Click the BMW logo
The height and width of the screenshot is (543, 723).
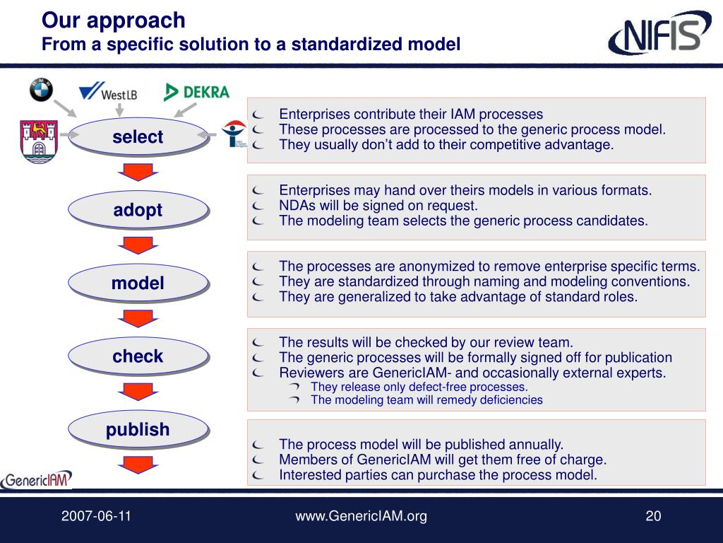click(x=41, y=90)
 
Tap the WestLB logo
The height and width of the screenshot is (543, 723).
click(x=108, y=92)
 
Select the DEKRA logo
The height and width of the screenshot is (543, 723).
click(x=196, y=92)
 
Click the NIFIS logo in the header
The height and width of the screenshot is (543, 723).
click(x=659, y=35)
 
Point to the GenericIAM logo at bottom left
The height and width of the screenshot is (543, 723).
click(x=37, y=479)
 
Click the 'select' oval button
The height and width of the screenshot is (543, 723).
click(x=138, y=136)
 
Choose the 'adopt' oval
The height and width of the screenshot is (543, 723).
click(x=138, y=209)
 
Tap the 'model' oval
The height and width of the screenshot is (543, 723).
click(x=138, y=283)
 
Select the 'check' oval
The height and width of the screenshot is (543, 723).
click(x=138, y=356)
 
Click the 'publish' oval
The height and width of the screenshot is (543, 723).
click(x=138, y=428)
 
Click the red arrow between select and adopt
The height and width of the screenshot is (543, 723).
click(x=138, y=172)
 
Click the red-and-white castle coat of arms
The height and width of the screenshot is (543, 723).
click(x=39, y=141)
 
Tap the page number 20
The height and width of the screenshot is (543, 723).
click(x=653, y=516)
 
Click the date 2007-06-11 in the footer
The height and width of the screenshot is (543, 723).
click(x=96, y=516)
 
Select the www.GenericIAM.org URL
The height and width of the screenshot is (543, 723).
click(x=361, y=516)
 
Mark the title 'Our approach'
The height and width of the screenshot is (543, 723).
click(x=113, y=21)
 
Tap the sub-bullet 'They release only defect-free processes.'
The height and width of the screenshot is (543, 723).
click(x=419, y=387)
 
